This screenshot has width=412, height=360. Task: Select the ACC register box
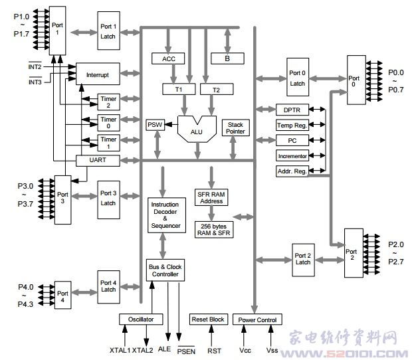pos(168,59)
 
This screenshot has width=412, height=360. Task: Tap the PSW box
pos(155,125)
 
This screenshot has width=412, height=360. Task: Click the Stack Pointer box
pos(235,128)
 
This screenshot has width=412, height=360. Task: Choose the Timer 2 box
pos(108,102)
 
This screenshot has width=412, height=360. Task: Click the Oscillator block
pos(141,319)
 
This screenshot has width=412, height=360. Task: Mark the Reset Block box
pos(208,319)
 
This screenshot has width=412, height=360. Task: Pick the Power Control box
pos(257,319)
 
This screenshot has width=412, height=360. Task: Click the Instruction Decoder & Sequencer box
pos(165,215)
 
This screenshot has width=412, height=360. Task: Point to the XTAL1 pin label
pos(121,349)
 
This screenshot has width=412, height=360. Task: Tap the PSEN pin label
pos(187,350)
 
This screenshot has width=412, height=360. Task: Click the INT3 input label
pos(35,82)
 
